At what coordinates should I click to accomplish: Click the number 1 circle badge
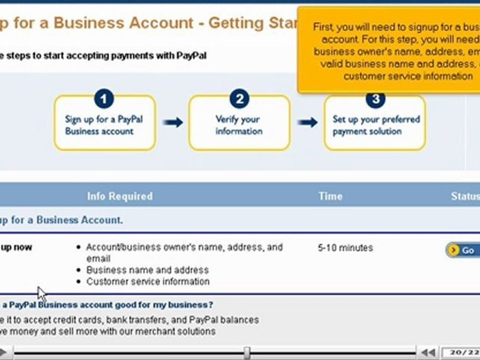(x=103, y=99)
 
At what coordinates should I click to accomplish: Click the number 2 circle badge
(x=239, y=99)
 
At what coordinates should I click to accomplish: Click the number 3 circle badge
(x=375, y=99)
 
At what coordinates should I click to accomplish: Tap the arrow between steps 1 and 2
(x=173, y=122)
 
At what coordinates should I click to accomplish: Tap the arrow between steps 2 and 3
(x=307, y=122)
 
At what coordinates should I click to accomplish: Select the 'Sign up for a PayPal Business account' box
(x=104, y=125)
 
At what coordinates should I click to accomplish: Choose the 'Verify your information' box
(x=239, y=125)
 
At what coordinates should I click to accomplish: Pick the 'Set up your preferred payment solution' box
(x=375, y=125)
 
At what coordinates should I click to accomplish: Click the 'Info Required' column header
(x=120, y=196)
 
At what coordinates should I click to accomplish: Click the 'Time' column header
(x=330, y=196)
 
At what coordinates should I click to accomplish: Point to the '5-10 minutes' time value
(x=345, y=248)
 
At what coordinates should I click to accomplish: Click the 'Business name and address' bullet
(x=147, y=270)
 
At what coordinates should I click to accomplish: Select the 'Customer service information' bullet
(x=148, y=281)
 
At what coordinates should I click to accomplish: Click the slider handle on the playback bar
(x=246, y=352)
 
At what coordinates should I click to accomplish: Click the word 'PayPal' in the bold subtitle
(x=191, y=55)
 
